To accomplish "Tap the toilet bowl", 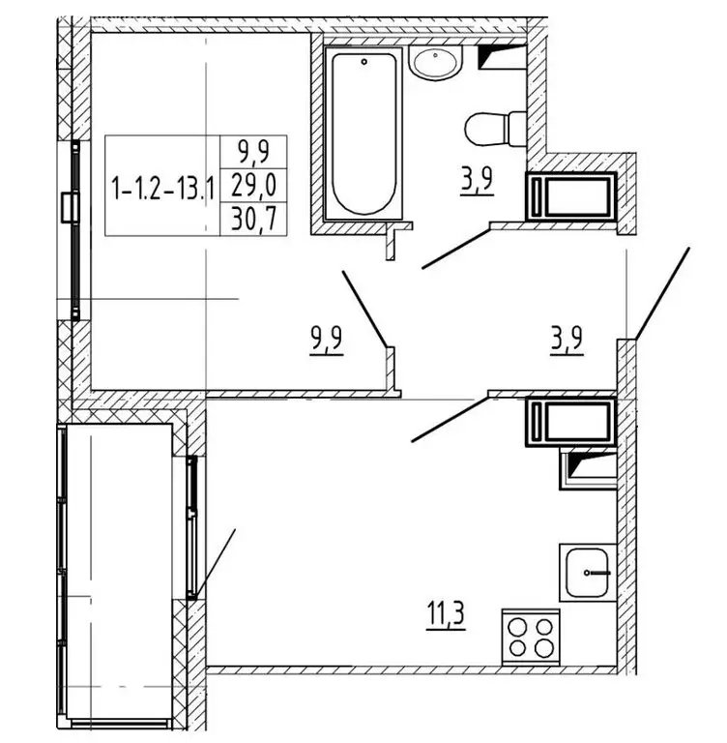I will pos(493,127).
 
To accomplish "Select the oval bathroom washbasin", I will pos(435,64).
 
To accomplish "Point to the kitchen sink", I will pos(586,572).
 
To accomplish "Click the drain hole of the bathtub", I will pos(363,62).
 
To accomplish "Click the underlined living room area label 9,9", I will pos(328,342).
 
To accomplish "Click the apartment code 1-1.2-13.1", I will pos(161,188).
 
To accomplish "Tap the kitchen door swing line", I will pos(450,419).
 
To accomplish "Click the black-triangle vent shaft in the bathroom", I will pos(503,58).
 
